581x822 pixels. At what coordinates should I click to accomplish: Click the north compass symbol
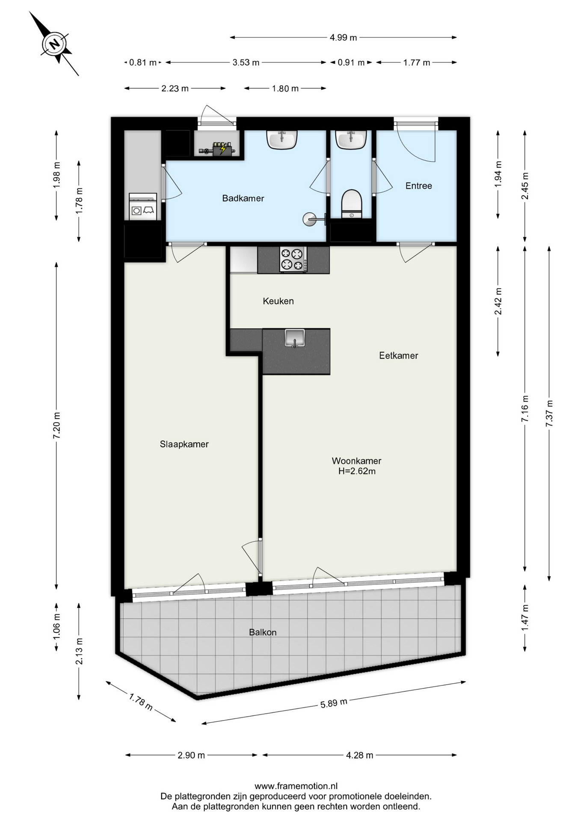[x=54, y=44]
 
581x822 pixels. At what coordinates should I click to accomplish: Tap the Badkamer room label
[x=243, y=198]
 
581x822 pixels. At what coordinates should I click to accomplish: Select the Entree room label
[x=418, y=186]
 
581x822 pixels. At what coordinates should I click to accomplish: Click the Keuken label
[x=278, y=301]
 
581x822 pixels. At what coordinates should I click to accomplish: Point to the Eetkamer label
[x=398, y=355]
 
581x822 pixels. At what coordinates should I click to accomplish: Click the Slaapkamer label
[x=184, y=444]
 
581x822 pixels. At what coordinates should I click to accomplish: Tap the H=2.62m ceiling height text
[x=357, y=471]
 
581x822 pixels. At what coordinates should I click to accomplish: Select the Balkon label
[x=263, y=632]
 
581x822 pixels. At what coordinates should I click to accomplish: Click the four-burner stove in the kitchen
[x=293, y=259]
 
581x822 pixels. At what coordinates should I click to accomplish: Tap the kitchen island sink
[x=295, y=338]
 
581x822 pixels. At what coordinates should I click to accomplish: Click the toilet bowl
[x=352, y=204]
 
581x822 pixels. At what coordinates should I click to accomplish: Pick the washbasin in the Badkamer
[x=282, y=140]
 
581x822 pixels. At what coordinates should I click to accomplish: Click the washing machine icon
[x=143, y=206]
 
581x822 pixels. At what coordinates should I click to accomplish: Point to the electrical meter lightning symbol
[x=222, y=149]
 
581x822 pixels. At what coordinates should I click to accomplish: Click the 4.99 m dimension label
[x=343, y=38]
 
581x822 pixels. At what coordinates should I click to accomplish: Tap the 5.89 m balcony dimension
[x=334, y=703]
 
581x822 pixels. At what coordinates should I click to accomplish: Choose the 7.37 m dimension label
[x=549, y=413]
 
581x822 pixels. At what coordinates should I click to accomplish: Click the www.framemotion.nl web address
[x=296, y=786]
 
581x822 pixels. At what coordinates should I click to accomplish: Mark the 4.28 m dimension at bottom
[x=359, y=755]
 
